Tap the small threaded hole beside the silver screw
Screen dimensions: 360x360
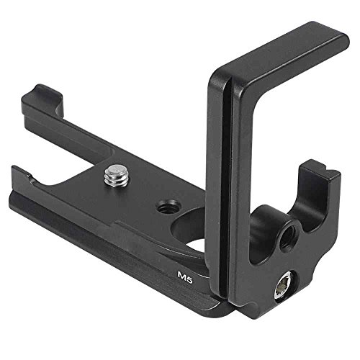point(166,207)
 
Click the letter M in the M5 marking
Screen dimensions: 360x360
point(181,274)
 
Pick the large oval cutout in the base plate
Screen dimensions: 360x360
point(189,230)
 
